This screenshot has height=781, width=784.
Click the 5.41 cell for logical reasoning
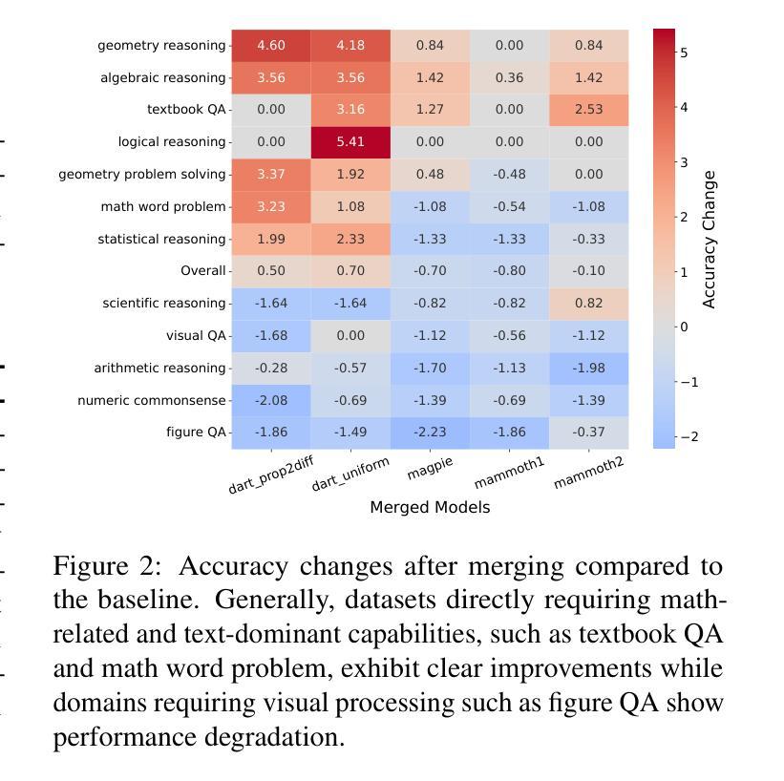point(350,142)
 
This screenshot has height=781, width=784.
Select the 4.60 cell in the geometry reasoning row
point(271,45)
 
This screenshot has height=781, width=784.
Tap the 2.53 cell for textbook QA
point(588,110)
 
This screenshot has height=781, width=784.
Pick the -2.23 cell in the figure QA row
point(430,432)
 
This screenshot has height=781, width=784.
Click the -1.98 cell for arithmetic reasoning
point(588,368)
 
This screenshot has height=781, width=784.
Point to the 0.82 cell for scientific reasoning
point(588,303)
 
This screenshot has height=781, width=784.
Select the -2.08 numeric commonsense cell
point(271,400)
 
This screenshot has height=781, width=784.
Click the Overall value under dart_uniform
point(350,271)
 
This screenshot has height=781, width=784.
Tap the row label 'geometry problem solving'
point(142,175)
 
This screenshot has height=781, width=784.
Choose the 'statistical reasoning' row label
point(161,239)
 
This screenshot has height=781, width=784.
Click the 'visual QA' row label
point(196,335)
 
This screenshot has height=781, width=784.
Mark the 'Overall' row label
point(203,271)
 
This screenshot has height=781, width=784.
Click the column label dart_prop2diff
point(270,475)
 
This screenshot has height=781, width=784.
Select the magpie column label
point(430,468)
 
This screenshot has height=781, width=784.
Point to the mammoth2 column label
point(588,473)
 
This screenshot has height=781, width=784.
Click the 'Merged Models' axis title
point(430,508)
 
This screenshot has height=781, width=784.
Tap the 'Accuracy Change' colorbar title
point(709,240)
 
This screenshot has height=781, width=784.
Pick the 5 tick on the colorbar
point(684,53)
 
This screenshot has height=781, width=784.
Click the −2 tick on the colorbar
point(689,437)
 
